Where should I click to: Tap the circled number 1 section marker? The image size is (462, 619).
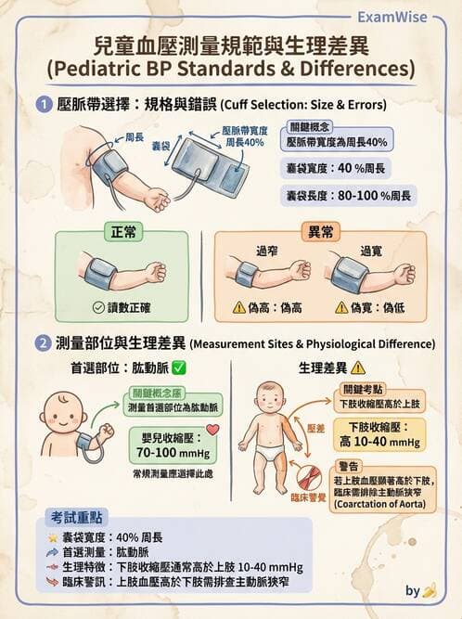pos(43,105)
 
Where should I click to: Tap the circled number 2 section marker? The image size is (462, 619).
pos(43,343)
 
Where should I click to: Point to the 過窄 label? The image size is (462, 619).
pos(268,250)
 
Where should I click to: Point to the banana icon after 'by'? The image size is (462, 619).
pos(430,589)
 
